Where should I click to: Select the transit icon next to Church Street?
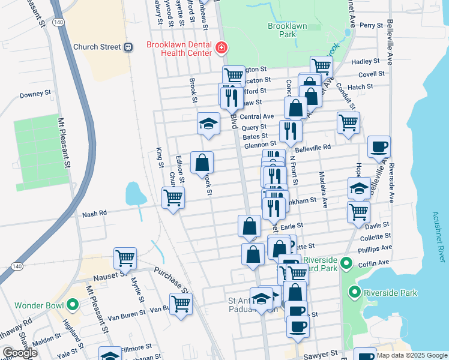(128, 47)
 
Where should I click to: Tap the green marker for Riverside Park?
(354, 293)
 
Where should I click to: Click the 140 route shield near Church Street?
(55, 38)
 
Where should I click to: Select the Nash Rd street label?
(94, 213)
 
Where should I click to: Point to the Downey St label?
(35, 94)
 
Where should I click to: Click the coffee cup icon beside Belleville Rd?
(379, 146)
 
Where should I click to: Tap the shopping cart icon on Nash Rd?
(173, 197)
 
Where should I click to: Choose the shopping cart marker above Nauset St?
(125, 258)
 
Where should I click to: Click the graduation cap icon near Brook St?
(208, 124)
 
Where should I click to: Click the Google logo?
(20, 353)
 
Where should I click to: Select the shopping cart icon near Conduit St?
(348, 122)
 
